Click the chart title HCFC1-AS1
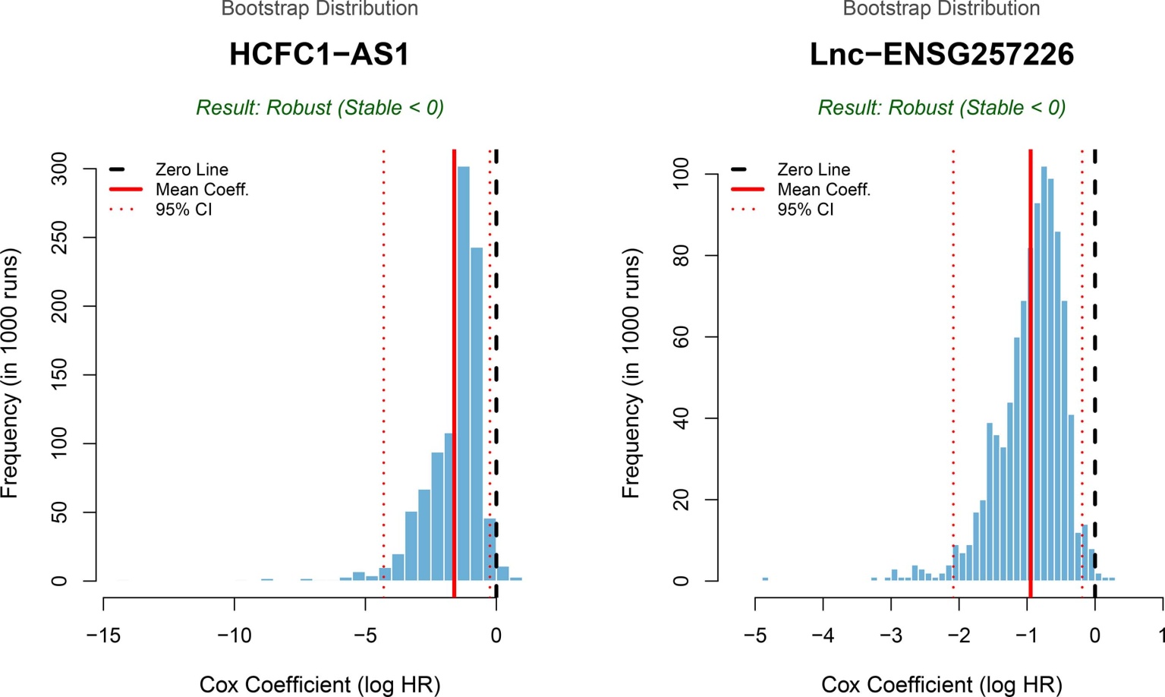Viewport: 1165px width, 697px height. coord(319,55)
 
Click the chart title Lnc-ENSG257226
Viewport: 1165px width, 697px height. coord(941,55)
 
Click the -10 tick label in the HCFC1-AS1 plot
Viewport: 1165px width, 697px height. coord(234,635)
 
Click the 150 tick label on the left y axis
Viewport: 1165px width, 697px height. coord(59,375)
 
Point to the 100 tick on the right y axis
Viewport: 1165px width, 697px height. coord(681,174)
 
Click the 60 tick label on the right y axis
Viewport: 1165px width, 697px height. coord(681,337)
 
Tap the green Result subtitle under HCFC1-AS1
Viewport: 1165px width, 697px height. coord(320,108)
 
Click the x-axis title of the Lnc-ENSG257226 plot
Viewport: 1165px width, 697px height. coord(941,685)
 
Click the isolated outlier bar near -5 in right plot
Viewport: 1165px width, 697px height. coord(765,579)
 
